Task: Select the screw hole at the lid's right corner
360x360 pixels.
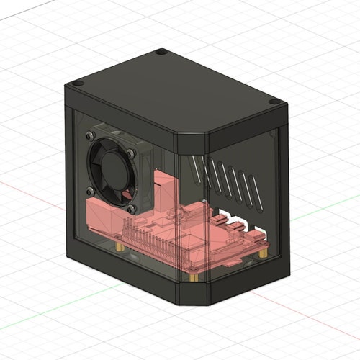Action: pyautogui.click(x=272, y=103)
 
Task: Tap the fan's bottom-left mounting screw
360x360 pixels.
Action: pyautogui.click(x=91, y=191)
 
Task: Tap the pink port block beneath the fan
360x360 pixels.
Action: pyautogui.click(x=104, y=216)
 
